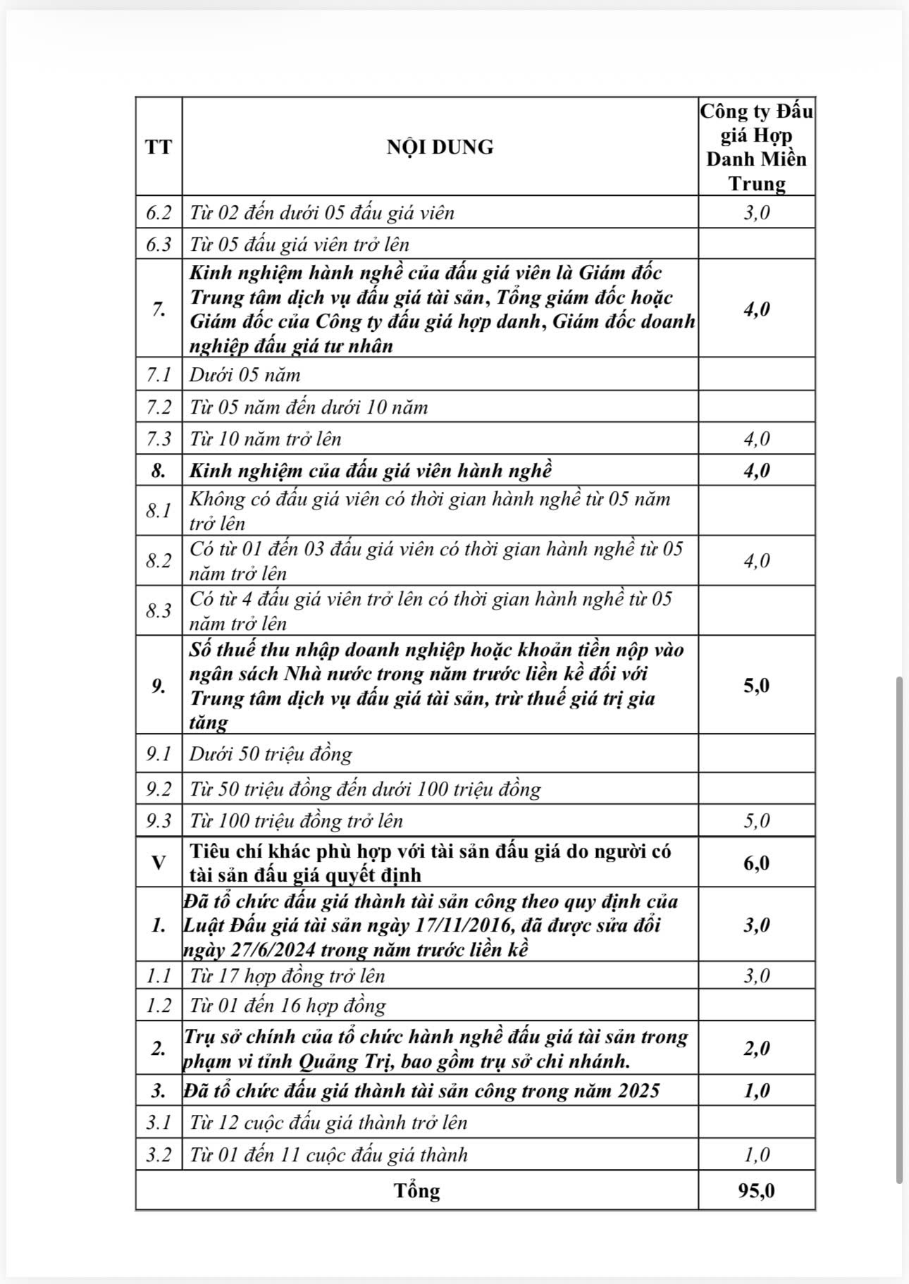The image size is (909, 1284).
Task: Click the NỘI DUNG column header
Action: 440,147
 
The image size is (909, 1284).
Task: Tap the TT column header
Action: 159,147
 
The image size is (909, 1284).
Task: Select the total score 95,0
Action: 756,1190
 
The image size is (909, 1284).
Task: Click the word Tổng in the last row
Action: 417,1190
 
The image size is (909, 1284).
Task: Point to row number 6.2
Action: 159,212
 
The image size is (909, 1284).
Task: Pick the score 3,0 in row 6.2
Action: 756,212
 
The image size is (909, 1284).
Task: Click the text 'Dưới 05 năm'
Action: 245,374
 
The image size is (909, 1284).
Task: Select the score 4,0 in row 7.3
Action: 756,439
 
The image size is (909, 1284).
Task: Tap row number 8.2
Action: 159,560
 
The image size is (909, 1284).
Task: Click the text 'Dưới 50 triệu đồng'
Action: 271,754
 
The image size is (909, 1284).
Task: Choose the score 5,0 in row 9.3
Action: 756,820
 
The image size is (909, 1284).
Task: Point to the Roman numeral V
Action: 159,862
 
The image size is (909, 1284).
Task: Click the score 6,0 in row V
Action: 756,863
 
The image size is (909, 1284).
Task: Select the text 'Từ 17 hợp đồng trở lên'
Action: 287,975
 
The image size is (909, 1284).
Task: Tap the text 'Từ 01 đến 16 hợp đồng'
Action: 287,1006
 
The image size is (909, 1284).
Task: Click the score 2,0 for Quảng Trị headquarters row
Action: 756,1048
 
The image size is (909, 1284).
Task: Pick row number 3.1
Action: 159,1123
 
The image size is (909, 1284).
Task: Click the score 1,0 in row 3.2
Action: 756,1154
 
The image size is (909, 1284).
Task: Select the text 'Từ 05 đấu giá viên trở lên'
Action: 299,244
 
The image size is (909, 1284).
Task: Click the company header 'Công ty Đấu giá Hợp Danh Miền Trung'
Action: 756,147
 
